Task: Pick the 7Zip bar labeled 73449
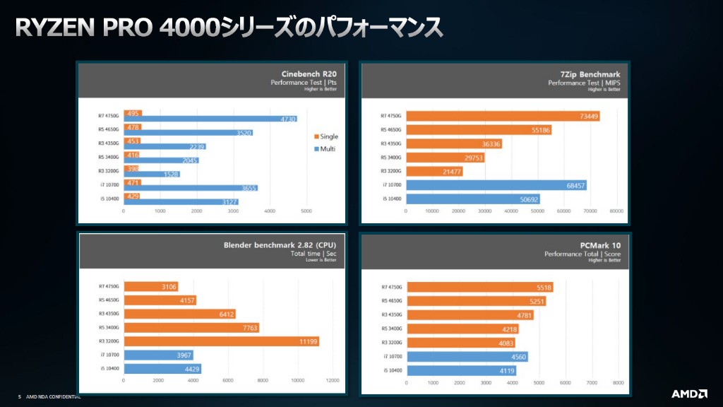[503, 116]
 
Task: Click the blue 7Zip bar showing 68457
[496, 185]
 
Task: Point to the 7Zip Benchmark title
[591, 73]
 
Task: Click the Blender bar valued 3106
[150, 286]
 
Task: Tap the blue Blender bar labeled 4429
[162, 368]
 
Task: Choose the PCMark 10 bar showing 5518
[480, 288]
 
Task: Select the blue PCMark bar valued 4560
[467, 356]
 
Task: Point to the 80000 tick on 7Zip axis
[616, 211]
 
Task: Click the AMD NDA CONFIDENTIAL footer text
[54, 397]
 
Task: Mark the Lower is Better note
[322, 261]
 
